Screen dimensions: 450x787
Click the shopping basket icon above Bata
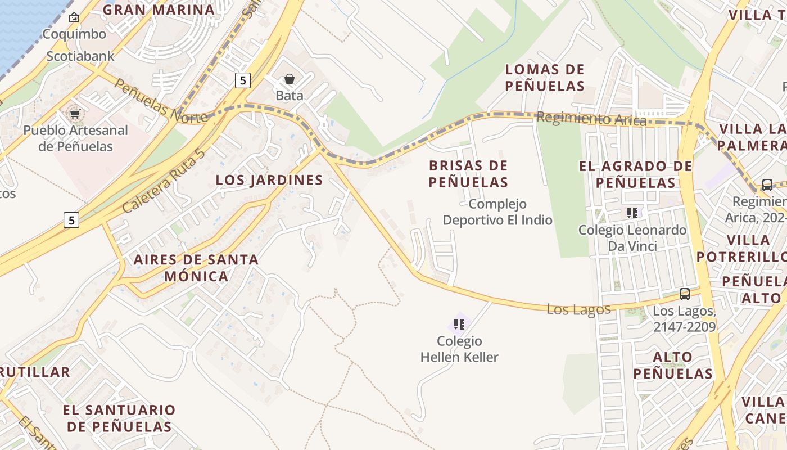(x=290, y=79)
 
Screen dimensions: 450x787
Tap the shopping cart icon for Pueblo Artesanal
(x=75, y=114)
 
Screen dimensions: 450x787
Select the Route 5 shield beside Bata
(x=242, y=80)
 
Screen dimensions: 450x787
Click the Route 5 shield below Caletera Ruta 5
(x=71, y=219)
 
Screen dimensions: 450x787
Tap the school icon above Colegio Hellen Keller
(x=459, y=325)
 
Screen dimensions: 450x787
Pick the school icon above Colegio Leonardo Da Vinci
(x=632, y=213)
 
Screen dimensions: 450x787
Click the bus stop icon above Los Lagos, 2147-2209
(x=684, y=294)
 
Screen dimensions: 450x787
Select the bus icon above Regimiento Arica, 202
(x=767, y=185)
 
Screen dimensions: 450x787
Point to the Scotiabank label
(x=80, y=56)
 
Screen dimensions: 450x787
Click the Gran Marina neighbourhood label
(x=159, y=10)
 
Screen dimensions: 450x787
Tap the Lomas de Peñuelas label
(x=545, y=78)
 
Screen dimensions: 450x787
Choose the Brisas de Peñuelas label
(x=468, y=174)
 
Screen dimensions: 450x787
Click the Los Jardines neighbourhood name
(x=269, y=180)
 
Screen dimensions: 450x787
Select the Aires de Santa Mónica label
(x=196, y=268)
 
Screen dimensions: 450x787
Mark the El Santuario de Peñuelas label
(x=119, y=418)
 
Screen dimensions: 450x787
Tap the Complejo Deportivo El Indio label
(x=497, y=211)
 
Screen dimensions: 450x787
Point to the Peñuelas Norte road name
(x=161, y=102)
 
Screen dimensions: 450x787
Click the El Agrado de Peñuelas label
(x=636, y=174)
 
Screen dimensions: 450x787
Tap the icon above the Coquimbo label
(x=74, y=18)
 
